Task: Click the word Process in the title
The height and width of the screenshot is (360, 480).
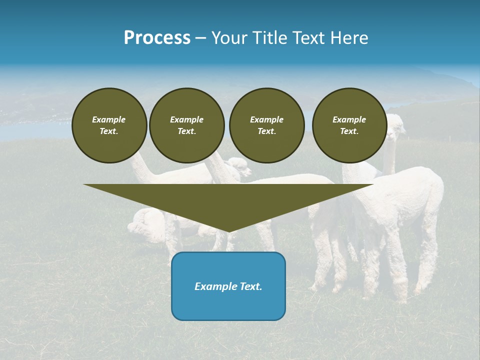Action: coord(157,38)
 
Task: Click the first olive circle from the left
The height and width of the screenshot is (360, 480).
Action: coord(109,125)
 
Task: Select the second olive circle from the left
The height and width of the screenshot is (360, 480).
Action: coord(186,125)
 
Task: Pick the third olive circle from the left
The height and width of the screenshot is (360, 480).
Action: coord(266,125)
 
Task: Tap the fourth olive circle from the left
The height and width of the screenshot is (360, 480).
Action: coord(349,125)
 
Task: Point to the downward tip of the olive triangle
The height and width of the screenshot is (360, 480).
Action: coord(228,231)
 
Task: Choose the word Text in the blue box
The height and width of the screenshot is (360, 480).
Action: coord(251,286)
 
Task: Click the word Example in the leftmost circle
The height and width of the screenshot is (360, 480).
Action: coord(109,119)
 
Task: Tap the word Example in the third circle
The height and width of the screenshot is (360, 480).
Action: coord(266,119)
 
